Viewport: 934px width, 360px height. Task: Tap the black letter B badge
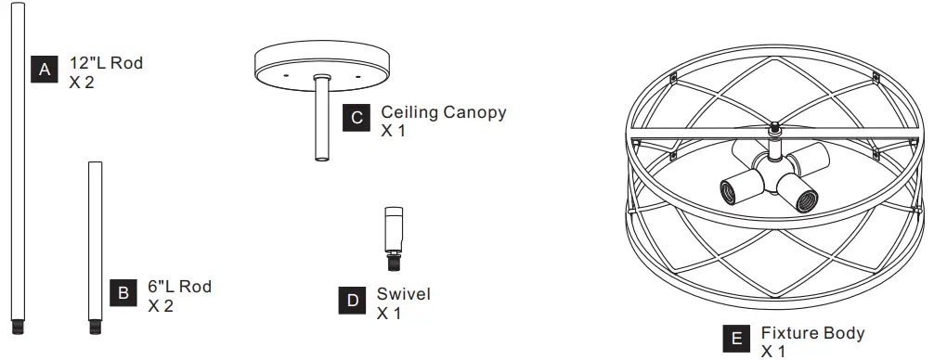(x=123, y=294)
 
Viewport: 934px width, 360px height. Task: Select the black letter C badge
(x=357, y=119)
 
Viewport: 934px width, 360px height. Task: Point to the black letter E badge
(x=736, y=340)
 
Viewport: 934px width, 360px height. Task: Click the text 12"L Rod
(x=107, y=64)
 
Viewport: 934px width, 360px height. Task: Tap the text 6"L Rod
(x=179, y=287)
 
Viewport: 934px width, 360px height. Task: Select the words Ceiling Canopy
(x=444, y=112)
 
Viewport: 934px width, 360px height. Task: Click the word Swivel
(x=404, y=294)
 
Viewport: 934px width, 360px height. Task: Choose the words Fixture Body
(x=812, y=333)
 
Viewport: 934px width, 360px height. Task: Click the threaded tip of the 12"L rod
(x=16, y=326)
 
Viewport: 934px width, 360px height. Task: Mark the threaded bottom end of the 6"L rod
(x=94, y=326)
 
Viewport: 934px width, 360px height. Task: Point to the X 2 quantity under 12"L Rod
(x=82, y=82)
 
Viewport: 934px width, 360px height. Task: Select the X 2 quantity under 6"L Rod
(x=161, y=305)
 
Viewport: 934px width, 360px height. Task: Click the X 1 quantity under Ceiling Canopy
(x=393, y=131)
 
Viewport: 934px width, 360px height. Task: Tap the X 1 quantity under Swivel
(x=388, y=314)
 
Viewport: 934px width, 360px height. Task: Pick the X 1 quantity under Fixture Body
(x=773, y=352)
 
